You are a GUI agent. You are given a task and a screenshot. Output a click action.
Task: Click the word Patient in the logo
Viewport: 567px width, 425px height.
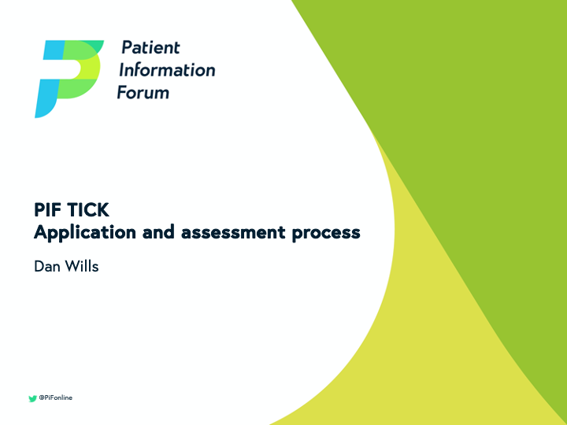point(150,47)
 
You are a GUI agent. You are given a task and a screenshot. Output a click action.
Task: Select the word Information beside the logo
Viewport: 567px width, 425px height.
point(166,69)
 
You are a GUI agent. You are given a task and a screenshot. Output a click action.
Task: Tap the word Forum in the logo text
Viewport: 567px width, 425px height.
point(143,92)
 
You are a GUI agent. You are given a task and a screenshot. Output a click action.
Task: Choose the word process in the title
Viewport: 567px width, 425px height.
point(326,233)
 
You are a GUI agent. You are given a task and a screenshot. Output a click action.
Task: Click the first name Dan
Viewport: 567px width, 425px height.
point(47,266)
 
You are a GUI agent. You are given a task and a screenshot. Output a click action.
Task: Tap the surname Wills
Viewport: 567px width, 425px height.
point(82,266)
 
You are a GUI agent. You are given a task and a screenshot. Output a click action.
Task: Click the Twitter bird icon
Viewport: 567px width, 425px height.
point(32,398)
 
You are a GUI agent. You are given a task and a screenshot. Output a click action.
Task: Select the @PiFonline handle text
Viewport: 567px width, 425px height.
point(56,398)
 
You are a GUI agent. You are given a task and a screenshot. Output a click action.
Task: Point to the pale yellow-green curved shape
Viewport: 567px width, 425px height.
point(441,331)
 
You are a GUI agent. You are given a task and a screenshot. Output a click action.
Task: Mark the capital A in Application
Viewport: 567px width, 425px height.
point(41,232)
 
